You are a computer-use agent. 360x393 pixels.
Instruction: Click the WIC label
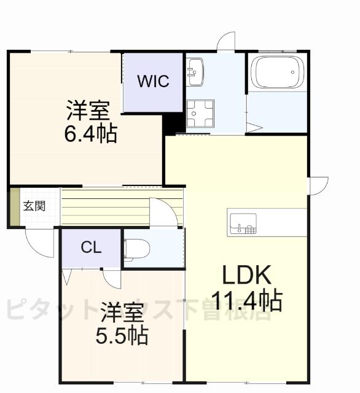[153, 82]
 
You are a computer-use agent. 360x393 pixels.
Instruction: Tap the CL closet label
[92, 248]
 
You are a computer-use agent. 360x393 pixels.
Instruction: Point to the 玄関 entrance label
[34, 206]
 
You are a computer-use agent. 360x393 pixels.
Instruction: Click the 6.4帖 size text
[91, 133]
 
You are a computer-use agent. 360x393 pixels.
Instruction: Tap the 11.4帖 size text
[246, 301]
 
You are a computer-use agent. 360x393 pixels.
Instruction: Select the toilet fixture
[136, 249]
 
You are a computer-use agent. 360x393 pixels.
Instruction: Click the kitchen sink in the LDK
[243, 224]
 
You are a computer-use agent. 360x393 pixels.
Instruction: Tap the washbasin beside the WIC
[195, 72]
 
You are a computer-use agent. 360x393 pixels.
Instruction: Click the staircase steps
[104, 208]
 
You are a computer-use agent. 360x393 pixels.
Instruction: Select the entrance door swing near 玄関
[39, 243]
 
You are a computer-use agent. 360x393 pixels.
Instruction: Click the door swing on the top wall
[226, 41]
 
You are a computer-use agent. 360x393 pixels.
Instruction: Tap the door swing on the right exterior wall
[318, 185]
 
